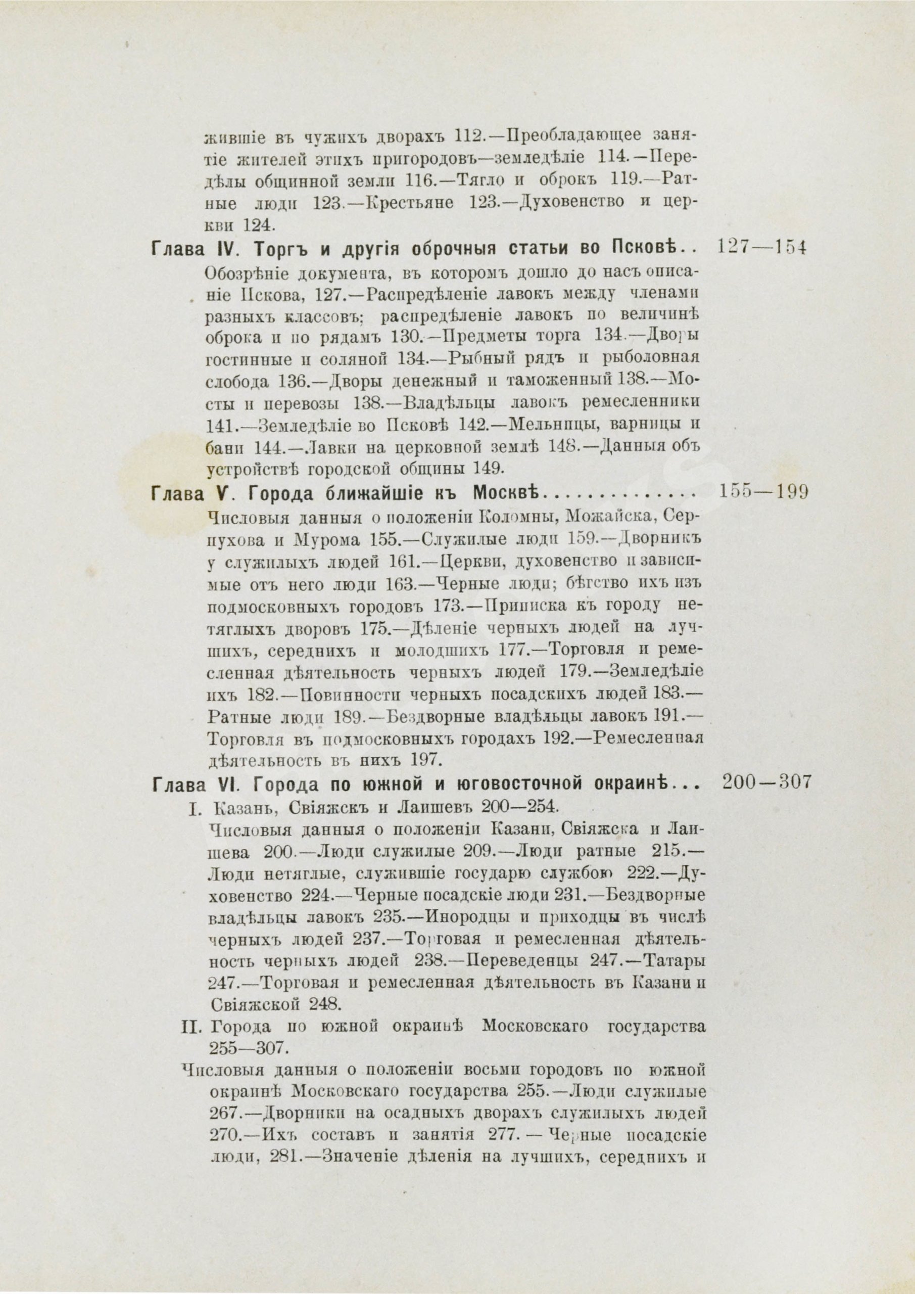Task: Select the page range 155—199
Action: point(764,492)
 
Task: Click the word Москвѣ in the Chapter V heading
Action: point(506,494)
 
